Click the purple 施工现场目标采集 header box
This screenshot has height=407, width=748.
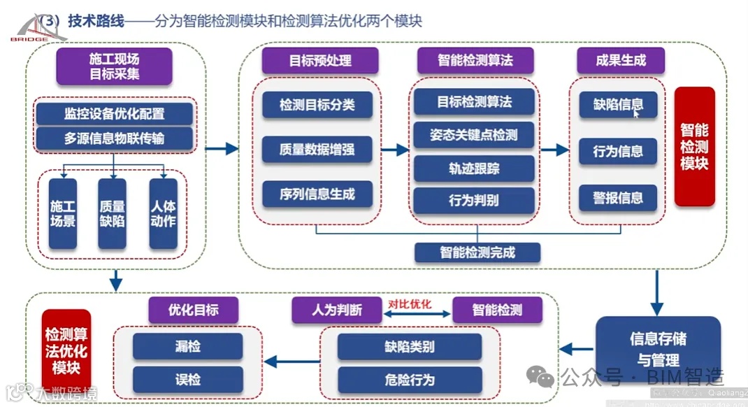click(114, 64)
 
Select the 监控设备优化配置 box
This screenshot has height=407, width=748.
click(114, 113)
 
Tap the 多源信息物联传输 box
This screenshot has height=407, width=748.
click(114, 138)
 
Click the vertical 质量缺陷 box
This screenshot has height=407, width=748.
click(112, 213)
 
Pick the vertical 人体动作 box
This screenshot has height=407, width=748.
click(163, 213)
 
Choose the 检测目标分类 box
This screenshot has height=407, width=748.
click(317, 105)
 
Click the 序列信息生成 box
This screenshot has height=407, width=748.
click(317, 194)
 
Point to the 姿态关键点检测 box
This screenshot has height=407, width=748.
click(474, 135)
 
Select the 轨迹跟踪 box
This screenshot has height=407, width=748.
click(474, 168)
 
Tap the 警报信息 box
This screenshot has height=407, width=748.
click(618, 197)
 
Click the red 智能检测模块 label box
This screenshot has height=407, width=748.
click(694, 146)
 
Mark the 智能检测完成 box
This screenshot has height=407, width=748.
click(477, 252)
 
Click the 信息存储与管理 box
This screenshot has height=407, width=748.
click(658, 349)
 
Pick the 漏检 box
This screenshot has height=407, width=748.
click(187, 346)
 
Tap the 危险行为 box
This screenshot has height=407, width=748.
click(409, 380)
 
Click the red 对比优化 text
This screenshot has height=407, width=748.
click(410, 304)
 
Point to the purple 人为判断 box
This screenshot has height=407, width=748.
click(337, 310)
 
